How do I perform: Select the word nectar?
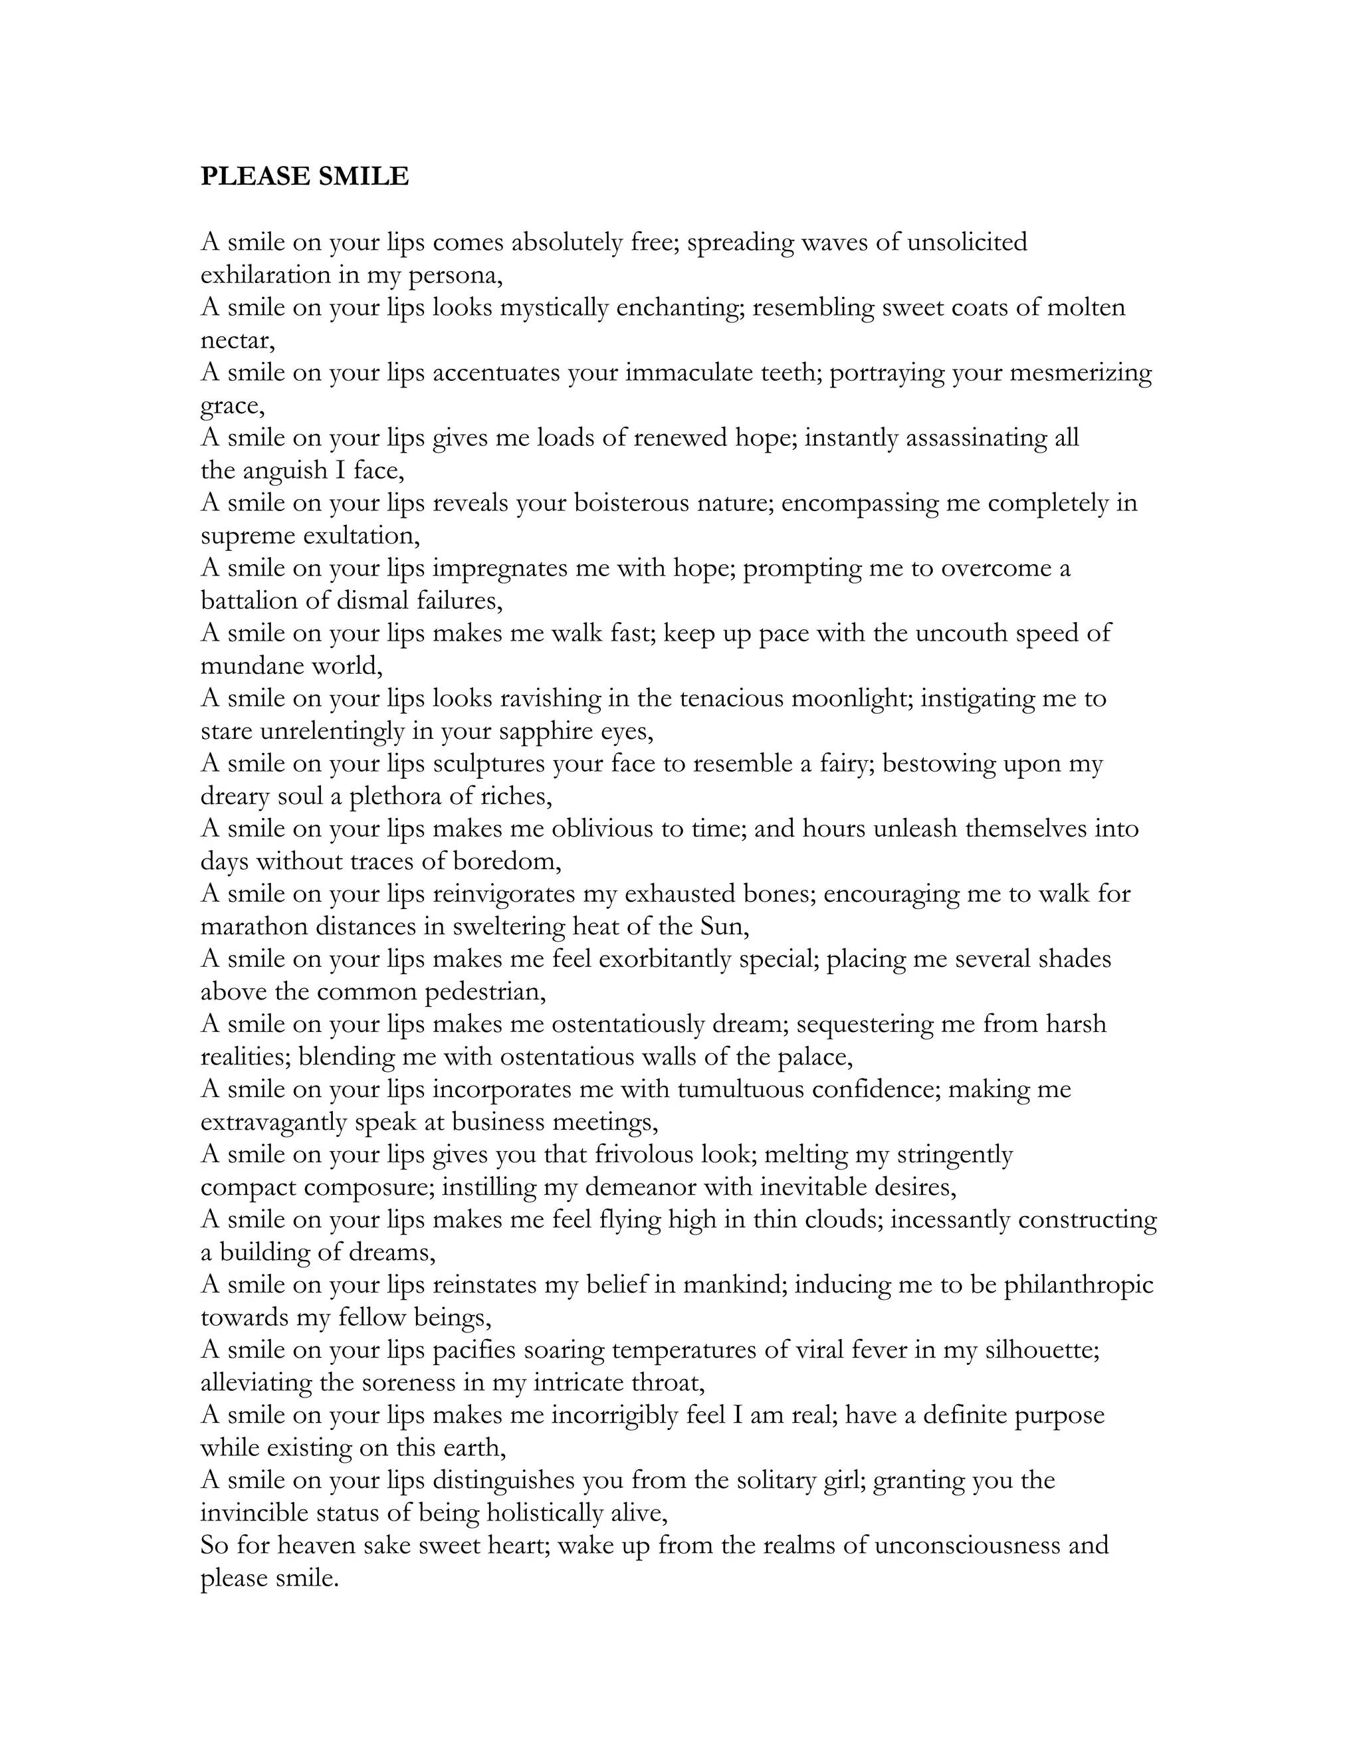pyautogui.click(x=236, y=341)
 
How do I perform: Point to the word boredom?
pyautogui.click(x=506, y=862)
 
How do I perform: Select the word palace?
pyautogui.click(x=809, y=1057)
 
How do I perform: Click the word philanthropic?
pyautogui.click(x=1078, y=1285)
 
